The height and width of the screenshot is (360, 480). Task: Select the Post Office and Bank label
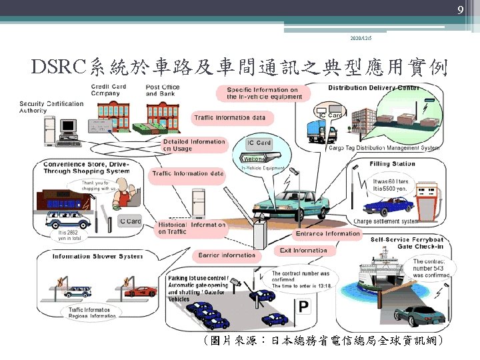163,90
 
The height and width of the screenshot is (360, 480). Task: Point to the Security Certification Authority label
51,107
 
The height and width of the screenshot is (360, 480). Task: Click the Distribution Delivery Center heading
373,88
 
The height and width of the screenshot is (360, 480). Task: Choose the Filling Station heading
392,164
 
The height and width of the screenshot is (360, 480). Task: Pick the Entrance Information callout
327,234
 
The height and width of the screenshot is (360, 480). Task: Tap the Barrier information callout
227,255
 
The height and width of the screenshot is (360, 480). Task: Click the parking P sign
304,307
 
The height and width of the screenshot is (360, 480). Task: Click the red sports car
141,291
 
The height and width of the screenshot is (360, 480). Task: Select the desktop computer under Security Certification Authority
69,128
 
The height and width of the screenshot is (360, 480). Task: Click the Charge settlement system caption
386,221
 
